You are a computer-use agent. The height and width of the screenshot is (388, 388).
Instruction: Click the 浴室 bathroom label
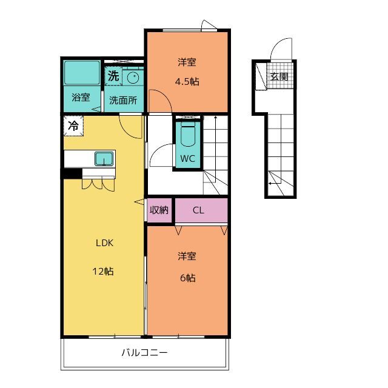pyautogui.click(x=81, y=97)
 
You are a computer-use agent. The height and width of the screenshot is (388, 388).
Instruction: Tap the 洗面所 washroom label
pyautogui.click(x=123, y=100)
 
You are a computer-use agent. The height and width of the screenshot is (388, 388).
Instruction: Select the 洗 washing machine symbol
pyautogui.click(x=113, y=76)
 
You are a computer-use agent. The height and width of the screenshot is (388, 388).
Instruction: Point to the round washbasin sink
pyautogui.click(x=133, y=78)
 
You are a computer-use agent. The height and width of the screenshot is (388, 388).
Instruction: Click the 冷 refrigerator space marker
pyautogui.click(x=73, y=125)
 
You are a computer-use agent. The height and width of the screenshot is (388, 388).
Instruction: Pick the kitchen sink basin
pyautogui.click(x=104, y=159)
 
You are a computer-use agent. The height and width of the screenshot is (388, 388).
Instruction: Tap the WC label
pyautogui.click(x=187, y=159)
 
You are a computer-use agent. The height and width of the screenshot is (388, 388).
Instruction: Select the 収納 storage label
pyautogui.click(x=159, y=210)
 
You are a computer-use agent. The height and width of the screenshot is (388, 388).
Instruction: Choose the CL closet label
pyautogui.click(x=198, y=210)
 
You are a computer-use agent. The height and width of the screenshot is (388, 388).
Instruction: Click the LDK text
pyautogui.click(x=104, y=243)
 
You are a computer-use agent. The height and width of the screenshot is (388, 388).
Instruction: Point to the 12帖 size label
pyautogui.click(x=103, y=272)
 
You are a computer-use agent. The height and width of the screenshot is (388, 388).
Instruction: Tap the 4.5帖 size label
pyautogui.click(x=187, y=81)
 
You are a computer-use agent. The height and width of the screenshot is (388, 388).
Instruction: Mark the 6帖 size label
pyautogui.click(x=187, y=278)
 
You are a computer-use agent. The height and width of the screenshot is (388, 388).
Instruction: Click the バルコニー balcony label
pyautogui.click(x=144, y=352)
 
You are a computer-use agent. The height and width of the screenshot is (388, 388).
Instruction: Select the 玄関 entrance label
pyautogui.click(x=279, y=76)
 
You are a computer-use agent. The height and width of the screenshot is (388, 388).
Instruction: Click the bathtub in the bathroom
pyautogui.click(x=82, y=73)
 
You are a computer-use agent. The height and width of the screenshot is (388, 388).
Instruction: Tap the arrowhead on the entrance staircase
pyautogui.click(x=270, y=183)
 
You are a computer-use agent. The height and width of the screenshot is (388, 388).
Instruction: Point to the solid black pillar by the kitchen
pyautogui.click(x=72, y=173)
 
